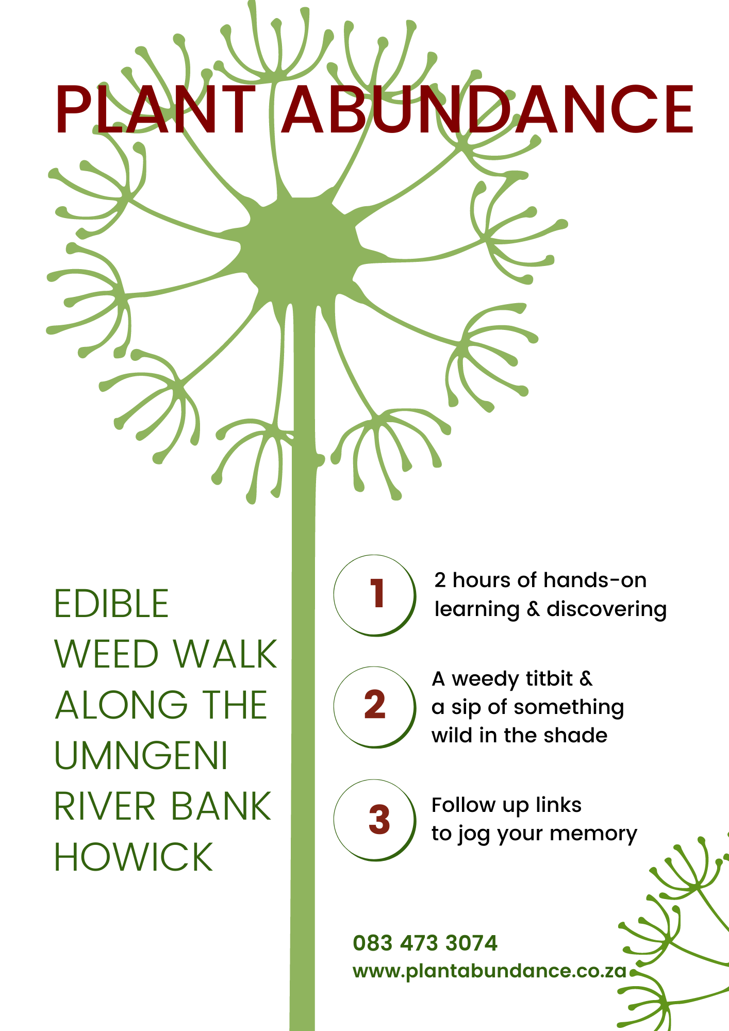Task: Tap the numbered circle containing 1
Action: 375,595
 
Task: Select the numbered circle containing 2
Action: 375,707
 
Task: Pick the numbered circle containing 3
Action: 375,820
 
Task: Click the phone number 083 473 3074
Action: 425,943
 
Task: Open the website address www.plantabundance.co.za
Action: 490,971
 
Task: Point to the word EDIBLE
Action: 111,604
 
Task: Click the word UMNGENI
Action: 141,756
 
